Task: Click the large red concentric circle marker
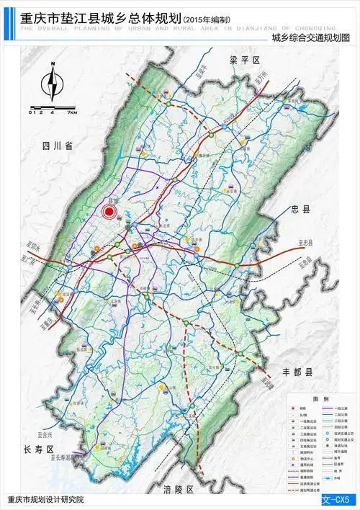pos(109,211)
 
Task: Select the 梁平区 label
pos(244,60)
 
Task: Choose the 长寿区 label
pos(39,449)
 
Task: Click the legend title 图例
pos(320,398)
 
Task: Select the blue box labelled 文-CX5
pos(339,498)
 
